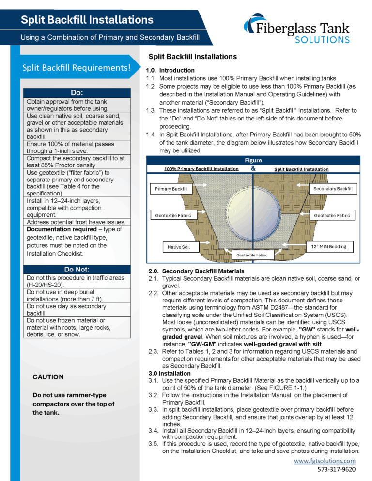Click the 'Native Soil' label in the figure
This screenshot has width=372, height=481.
coord(179,247)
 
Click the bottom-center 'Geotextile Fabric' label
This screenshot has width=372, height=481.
coord(252,255)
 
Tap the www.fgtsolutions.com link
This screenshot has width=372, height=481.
coord(325,461)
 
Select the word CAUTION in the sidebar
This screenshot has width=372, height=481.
coord(48,377)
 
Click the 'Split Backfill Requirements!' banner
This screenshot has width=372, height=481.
coord(77,68)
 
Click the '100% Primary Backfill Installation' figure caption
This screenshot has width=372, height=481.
coord(201,169)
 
